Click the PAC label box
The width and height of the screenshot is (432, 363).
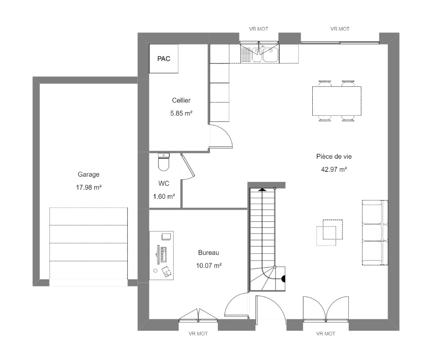[164, 58]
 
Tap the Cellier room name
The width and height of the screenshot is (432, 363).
[181, 100]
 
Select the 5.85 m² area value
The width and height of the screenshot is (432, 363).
[181, 113]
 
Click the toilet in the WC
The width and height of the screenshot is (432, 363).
[164, 162]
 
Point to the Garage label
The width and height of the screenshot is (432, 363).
[89, 175]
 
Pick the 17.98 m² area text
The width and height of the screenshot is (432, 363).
[89, 187]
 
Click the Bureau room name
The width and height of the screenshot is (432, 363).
[208, 252]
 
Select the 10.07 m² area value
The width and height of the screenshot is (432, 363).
[209, 265]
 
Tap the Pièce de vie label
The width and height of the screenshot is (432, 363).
[334, 157]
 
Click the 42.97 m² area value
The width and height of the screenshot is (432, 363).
[334, 170]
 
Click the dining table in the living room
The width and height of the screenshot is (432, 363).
[337, 101]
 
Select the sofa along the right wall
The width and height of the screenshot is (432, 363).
[375, 233]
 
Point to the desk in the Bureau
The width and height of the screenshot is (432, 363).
[162, 255]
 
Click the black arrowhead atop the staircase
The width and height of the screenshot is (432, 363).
[262, 189]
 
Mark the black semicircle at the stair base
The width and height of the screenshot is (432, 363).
[283, 279]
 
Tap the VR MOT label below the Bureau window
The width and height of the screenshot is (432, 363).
[198, 333]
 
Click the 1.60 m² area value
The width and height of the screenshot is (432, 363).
[164, 197]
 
